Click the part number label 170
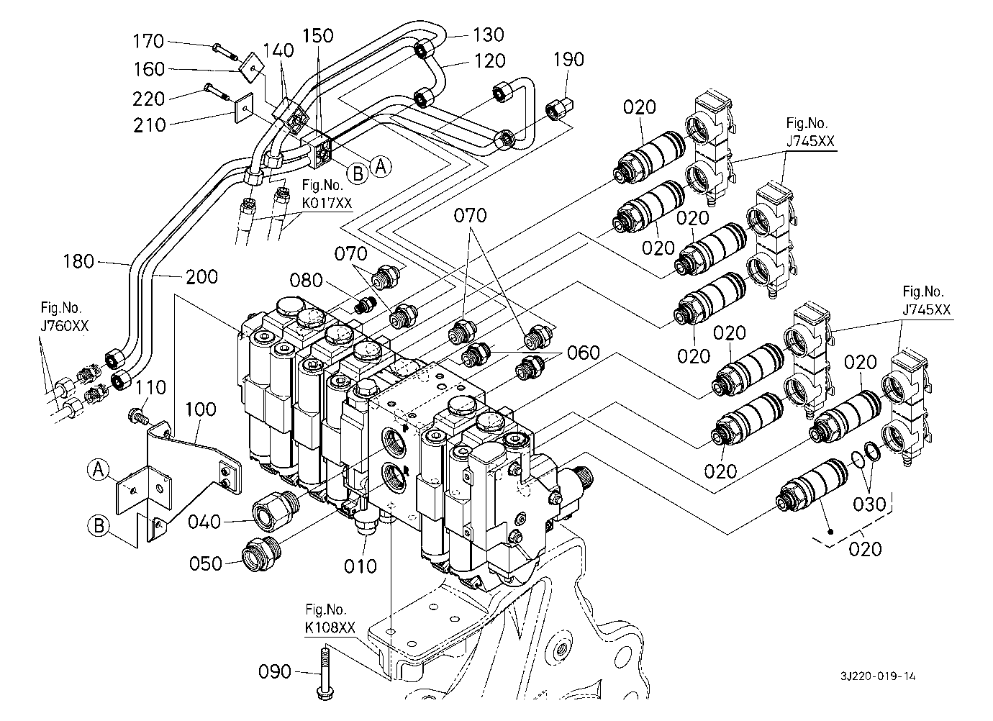148,41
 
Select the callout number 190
568,60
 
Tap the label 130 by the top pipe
488,35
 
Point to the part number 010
361,566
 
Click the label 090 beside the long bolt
275,671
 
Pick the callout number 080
306,280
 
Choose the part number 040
204,522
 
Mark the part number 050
205,563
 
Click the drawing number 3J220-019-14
878,676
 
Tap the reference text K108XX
330,628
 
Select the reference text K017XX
327,203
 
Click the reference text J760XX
65,326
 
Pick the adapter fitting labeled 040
276,510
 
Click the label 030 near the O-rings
869,504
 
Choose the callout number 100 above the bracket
200,409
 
